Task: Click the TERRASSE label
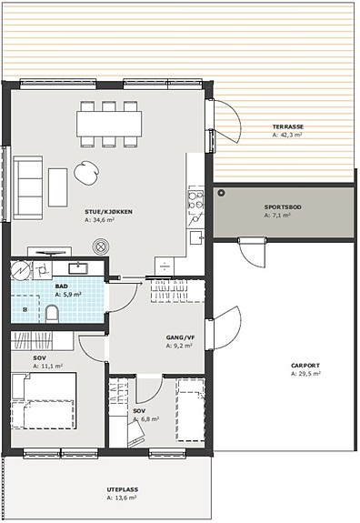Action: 288,126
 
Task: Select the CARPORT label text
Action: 305,366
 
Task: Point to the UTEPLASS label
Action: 123,489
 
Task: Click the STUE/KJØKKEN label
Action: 108,212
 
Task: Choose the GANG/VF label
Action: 180,337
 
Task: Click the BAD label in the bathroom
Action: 61,287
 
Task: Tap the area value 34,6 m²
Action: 103,220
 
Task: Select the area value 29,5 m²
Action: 309,374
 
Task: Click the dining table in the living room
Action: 109,124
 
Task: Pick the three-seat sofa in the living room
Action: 28,187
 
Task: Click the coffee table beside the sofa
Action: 58,187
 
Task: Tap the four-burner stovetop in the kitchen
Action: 195,199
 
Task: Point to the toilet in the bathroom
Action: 52,314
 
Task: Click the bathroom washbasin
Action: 78,268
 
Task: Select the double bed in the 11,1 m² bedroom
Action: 44,401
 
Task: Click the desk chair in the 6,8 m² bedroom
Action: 135,434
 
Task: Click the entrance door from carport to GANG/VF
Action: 224,328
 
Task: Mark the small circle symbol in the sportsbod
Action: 221,193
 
